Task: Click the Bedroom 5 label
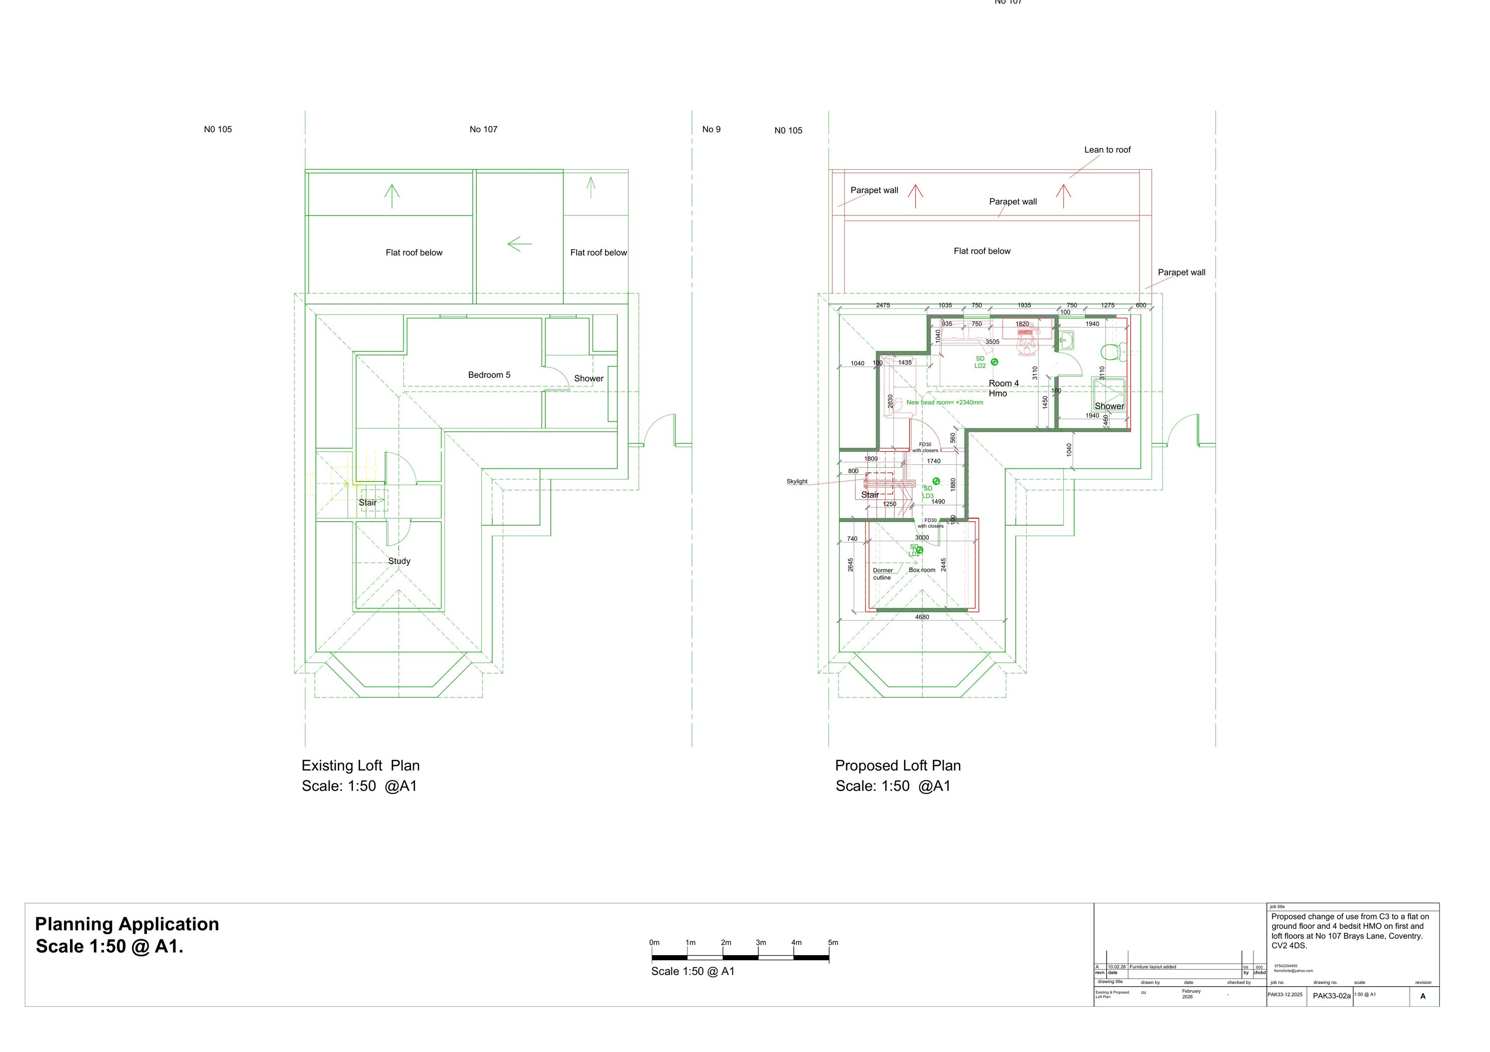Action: (x=489, y=375)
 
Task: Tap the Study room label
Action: (x=399, y=561)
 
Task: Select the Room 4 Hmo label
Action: (x=1003, y=388)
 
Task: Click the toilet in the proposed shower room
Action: (x=1111, y=352)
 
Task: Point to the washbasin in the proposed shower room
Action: (x=1066, y=339)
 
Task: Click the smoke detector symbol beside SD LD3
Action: (x=936, y=481)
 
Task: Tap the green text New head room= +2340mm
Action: (x=944, y=402)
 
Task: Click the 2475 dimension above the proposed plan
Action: (x=883, y=305)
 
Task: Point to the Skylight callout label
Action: (x=797, y=481)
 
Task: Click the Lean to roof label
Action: (x=1107, y=150)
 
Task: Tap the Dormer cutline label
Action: (x=882, y=574)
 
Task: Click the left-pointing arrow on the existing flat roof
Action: (x=519, y=245)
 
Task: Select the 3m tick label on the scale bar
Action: (x=760, y=942)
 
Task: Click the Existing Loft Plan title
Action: (x=360, y=766)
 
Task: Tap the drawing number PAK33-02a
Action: (x=1331, y=995)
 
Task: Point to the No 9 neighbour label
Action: (x=711, y=129)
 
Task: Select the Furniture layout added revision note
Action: (x=1153, y=967)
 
